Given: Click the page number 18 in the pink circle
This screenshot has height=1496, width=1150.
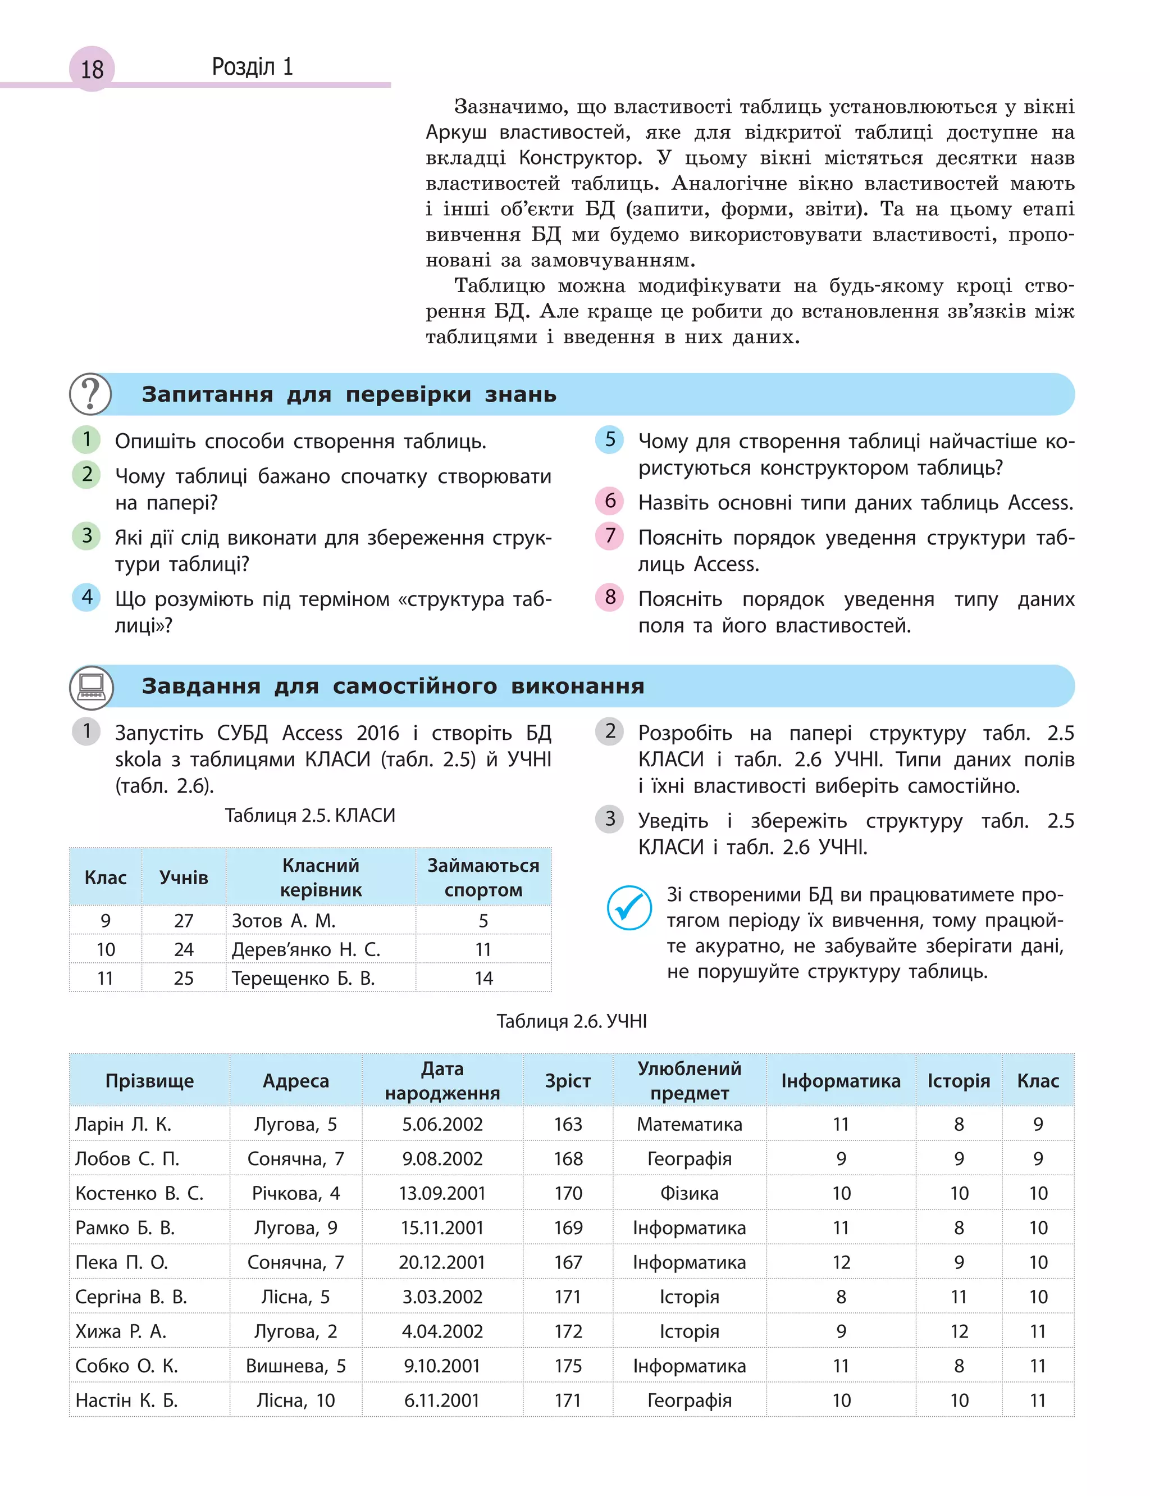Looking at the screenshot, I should click(92, 69).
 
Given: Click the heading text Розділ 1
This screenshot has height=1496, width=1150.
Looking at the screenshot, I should click(252, 67).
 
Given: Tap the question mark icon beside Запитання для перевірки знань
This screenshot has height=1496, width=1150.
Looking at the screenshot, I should click(90, 394).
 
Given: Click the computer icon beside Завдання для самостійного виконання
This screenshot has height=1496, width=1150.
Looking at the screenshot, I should click(91, 686).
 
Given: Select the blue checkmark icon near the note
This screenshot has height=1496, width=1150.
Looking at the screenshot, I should click(629, 908).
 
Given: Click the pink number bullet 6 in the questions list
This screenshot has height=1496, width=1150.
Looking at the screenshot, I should click(610, 501).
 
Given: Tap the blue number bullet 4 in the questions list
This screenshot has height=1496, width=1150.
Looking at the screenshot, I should click(87, 597).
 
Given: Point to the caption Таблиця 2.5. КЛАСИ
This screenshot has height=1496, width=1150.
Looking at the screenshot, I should click(310, 816).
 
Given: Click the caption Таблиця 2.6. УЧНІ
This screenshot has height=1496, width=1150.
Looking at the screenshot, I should click(572, 1021).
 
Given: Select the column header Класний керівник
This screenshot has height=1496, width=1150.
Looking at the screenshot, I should click(321, 877).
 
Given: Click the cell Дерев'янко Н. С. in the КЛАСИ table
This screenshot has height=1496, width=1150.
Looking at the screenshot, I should click(306, 949).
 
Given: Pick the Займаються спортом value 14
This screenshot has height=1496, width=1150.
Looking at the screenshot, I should click(483, 979).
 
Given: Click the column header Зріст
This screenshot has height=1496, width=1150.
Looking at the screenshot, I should click(568, 1080).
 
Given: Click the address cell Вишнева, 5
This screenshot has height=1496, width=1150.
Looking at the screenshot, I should click(296, 1366).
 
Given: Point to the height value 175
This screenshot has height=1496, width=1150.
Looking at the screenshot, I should click(568, 1366).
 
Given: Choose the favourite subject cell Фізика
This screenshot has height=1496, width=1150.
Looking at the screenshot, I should click(690, 1193).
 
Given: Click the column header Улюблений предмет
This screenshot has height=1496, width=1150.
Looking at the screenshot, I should click(690, 1080).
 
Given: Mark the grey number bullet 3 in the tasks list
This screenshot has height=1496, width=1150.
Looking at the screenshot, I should click(610, 819).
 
